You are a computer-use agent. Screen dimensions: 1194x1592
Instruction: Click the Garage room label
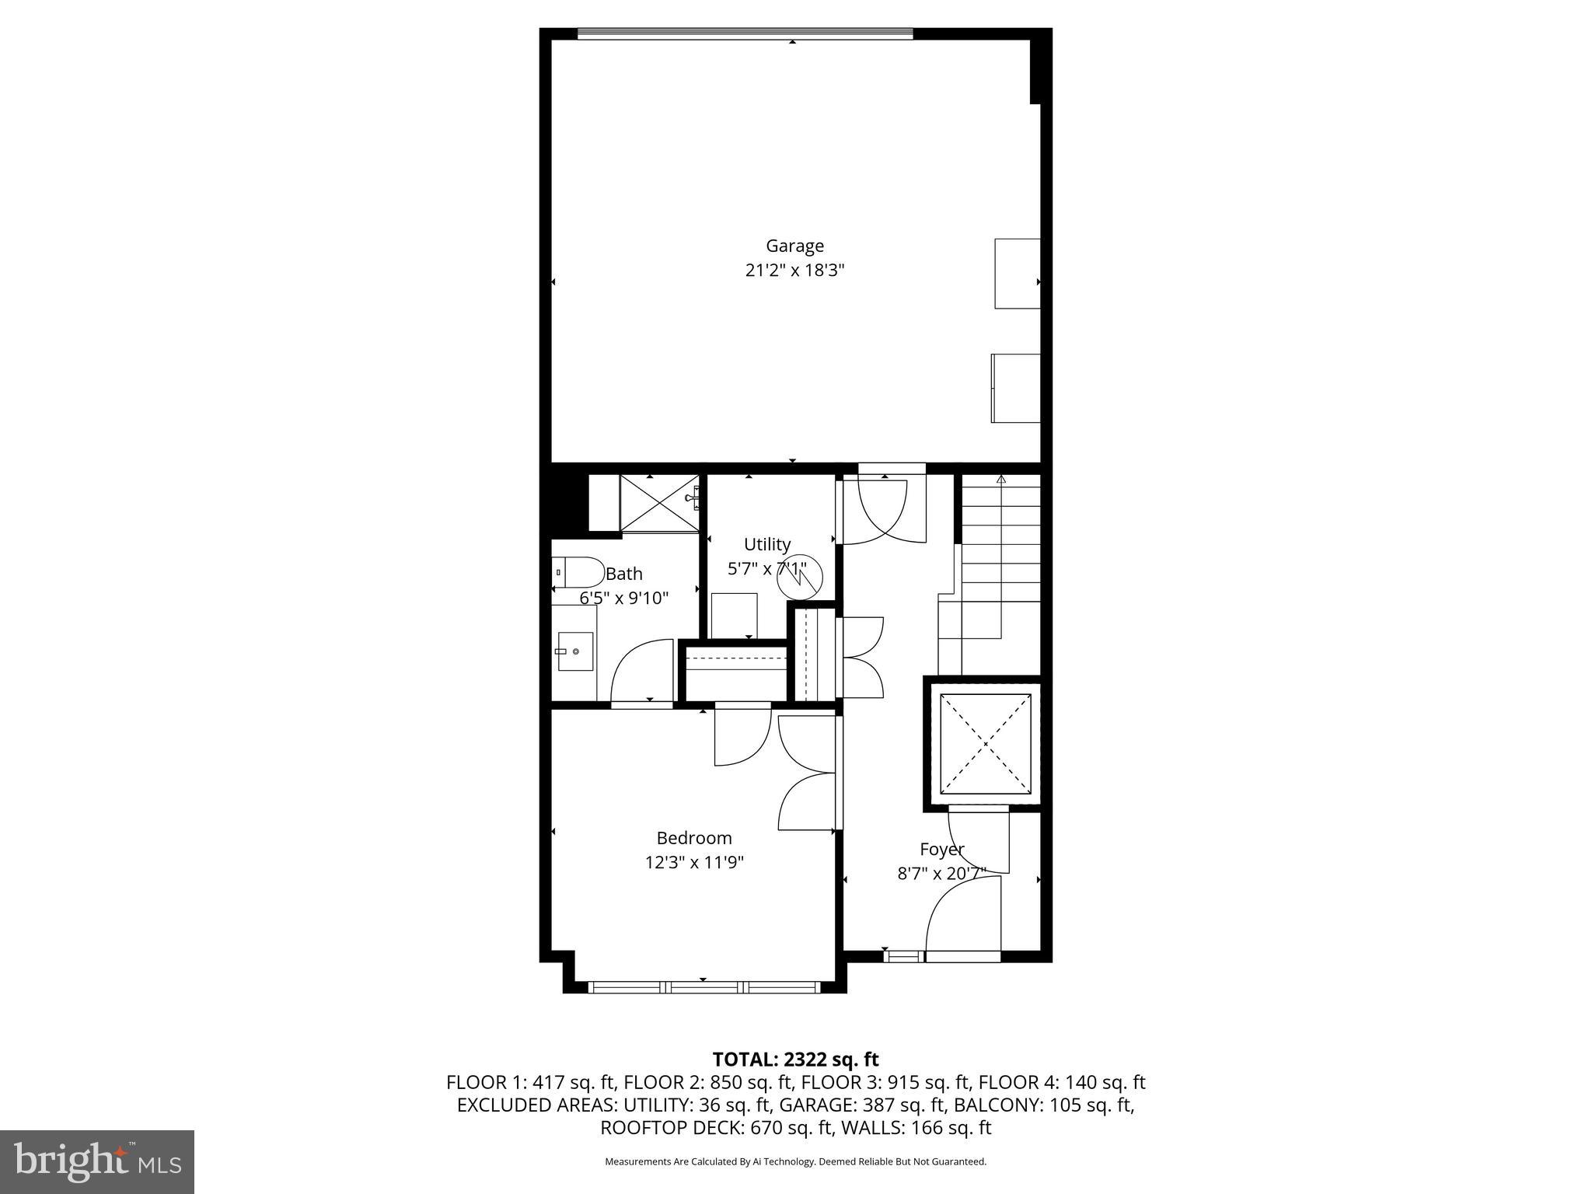pyautogui.click(x=794, y=246)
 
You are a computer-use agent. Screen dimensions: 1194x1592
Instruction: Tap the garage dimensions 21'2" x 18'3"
pyautogui.click(x=794, y=271)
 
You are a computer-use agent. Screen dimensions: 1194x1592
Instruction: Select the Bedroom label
pyautogui.click(x=694, y=838)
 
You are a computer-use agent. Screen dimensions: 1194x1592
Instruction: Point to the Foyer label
pyautogui.click(x=941, y=849)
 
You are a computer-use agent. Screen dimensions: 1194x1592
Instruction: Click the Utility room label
pyautogui.click(x=766, y=544)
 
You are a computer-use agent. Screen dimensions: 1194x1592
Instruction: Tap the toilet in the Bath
pyautogui.click(x=578, y=573)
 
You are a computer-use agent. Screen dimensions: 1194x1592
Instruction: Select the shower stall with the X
pyautogui.click(x=658, y=503)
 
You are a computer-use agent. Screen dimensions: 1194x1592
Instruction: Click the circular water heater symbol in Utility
pyautogui.click(x=799, y=580)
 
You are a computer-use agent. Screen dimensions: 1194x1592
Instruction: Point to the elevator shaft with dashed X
pyautogui.click(x=985, y=744)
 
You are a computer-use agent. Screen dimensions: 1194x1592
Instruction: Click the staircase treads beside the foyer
pyautogui.click(x=1001, y=544)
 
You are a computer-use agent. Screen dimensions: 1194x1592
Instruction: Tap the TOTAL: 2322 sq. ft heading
pyautogui.click(x=795, y=1059)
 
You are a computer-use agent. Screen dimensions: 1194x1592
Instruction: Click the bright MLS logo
pyautogui.click(x=97, y=1161)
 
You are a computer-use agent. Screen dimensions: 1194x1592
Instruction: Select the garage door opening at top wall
pyautogui.click(x=745, y=33)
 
